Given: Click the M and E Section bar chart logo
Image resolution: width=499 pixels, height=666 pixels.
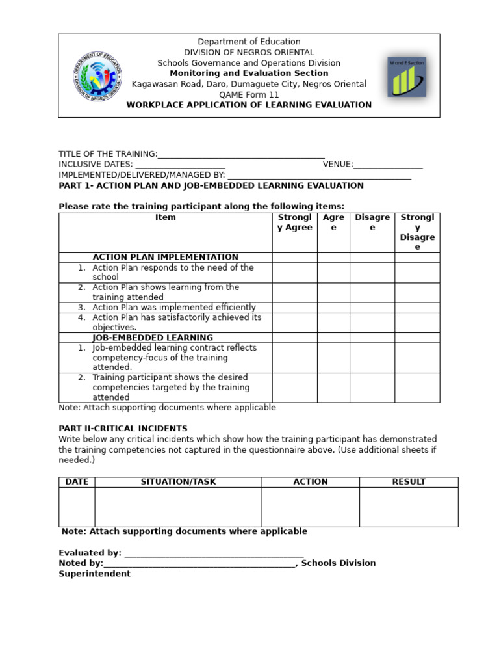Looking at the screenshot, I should point(407,77).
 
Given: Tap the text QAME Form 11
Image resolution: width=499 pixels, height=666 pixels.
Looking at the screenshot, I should point(249,94).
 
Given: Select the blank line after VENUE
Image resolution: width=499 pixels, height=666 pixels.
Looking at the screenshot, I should point(388,165).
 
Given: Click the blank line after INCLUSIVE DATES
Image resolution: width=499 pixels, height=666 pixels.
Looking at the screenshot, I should point(180,165).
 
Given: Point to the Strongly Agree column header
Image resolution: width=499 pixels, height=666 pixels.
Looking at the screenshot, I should point(294,222).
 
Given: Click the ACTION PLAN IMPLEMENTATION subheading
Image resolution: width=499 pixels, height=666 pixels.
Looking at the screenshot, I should point(165,257).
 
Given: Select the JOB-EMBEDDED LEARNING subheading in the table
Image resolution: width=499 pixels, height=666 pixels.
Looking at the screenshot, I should point(153,338).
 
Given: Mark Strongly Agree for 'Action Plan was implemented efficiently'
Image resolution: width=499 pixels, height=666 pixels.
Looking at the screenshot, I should point(294,308).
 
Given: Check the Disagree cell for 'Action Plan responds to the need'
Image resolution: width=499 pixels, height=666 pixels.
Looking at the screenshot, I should point(372,272).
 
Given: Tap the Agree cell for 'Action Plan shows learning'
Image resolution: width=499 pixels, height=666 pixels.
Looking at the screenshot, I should point(333,292).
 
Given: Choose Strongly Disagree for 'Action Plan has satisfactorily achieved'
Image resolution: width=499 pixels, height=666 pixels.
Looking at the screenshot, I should point(417,323).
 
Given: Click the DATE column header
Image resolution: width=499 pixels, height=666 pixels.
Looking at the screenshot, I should point(77,482).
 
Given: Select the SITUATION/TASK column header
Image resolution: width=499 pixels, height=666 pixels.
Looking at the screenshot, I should point(178,482).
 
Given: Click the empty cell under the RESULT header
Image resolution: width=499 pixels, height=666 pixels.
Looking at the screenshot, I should point(408,507).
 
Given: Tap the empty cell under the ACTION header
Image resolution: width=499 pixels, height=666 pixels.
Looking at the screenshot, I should point(310,507).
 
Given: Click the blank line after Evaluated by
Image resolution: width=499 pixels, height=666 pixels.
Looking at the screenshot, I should point(214,553).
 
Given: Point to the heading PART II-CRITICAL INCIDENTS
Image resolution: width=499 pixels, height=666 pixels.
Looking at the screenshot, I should point(123,429).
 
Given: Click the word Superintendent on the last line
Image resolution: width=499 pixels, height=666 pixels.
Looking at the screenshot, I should point(94,574).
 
